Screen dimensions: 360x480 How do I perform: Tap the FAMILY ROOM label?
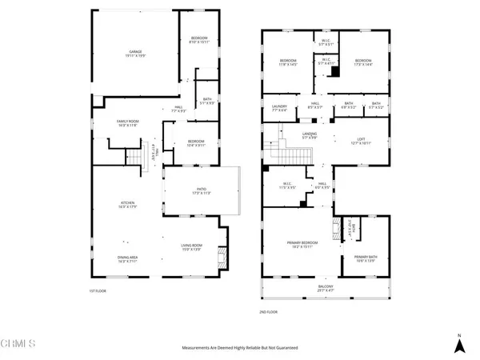(128, 122)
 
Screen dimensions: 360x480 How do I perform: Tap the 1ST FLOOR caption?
(98, 290)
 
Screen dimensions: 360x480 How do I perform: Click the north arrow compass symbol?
(458, 344)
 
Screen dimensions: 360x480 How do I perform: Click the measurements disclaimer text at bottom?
(240, 349)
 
